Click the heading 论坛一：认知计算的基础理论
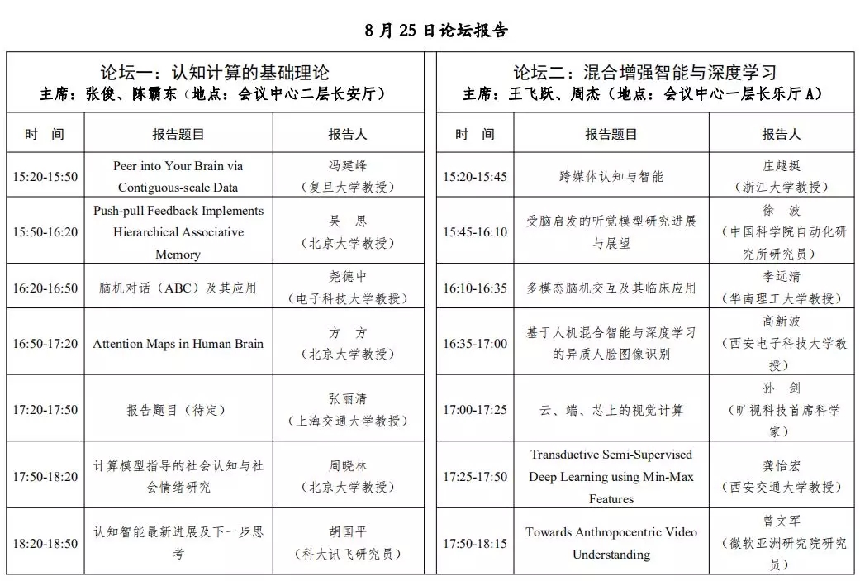(214, 72)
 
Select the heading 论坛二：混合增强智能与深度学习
(644, 72)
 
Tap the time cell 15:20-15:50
(45, 177)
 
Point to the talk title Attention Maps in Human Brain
(178, 343)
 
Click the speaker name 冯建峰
(347, 165)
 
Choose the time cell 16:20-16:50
(45, 288)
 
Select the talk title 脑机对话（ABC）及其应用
(178, 288)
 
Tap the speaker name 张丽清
(347, 398)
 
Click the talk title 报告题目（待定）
(178, 409)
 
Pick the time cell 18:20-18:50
(45, 543)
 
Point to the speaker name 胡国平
(347, 532)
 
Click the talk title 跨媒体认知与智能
(611, 176)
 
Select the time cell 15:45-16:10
(475, 232)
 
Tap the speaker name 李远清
(781, 277)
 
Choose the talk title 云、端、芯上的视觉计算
(611, 409)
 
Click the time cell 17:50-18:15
(475, 543)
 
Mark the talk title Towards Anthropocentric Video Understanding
(611, 543)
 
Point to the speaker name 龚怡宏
(781, 465)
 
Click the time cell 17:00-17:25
(475, 409)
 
